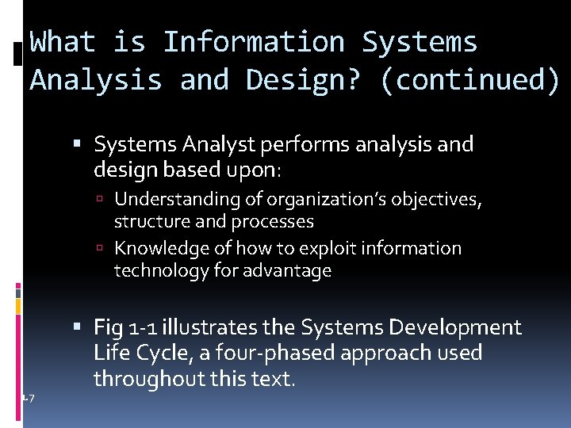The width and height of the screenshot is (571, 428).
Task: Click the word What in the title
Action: tap(63, 41)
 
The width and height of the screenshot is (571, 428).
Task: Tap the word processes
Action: tap(272, 221)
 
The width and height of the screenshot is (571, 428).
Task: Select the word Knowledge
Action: tap(162, 248)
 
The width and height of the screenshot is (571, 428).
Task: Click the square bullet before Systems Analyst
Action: tap(84, 145)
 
